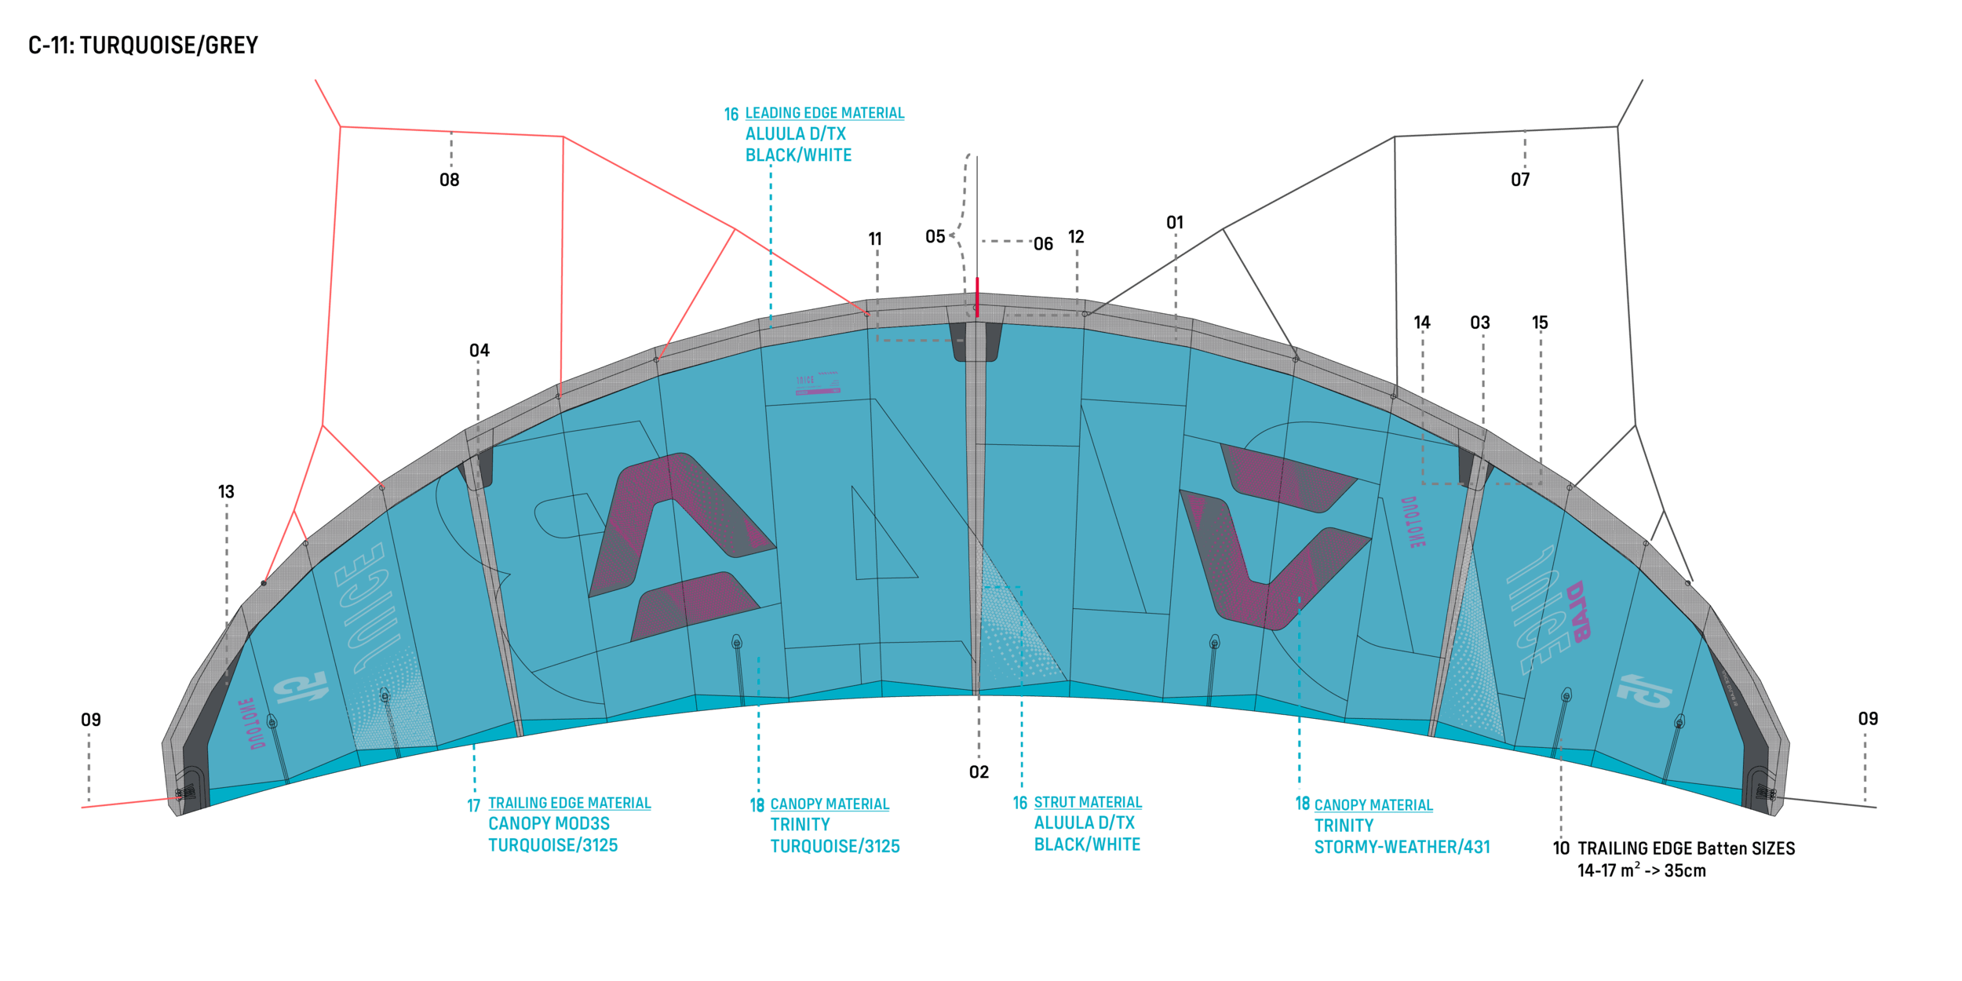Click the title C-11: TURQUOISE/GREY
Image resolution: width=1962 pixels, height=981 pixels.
(144, 46)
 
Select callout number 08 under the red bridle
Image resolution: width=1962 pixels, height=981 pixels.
(449, 181)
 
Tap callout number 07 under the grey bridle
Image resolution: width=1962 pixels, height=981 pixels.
(1520, 180)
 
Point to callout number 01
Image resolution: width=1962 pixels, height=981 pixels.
(1174, 223)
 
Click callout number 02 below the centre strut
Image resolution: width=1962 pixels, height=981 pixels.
(979, 772)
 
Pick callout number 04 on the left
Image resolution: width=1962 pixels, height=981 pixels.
(479, 351)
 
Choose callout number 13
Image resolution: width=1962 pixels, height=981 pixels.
(226, 492)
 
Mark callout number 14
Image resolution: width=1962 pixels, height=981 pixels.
(1421, 323)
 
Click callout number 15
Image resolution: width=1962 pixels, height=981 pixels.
(1540, 323)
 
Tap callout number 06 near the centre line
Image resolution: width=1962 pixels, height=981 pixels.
(1043, 244)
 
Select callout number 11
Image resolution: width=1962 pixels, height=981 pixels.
(875, 239)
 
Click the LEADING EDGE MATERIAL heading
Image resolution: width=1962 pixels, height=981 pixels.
(824, 114)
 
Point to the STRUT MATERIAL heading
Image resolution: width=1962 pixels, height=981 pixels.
(1087, 802)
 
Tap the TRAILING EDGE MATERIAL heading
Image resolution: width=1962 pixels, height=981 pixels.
(569, 803)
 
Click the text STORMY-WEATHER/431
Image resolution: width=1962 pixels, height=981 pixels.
(1402, 848)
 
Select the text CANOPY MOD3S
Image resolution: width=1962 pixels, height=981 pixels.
(549, 824)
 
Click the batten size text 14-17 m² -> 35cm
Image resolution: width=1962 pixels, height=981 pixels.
(1641, 871)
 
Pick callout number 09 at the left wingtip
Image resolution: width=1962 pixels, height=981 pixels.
(91, 720)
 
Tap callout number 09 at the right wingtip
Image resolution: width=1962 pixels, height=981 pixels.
(1868, 719)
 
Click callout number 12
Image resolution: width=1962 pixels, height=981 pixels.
(1076, 237)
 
